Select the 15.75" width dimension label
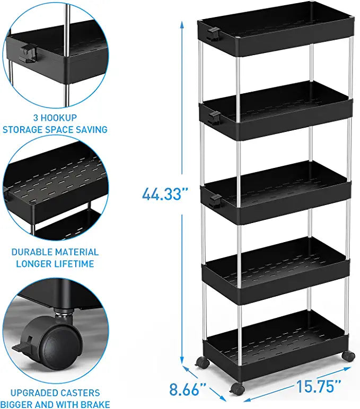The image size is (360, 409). (x=319, y=386)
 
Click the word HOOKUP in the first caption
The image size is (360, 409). (x=59, y=118)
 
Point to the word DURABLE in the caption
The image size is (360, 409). (x=32, y=252)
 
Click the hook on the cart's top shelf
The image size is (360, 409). (x=213, y=34)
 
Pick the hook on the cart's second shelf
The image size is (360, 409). (x=215, y=118)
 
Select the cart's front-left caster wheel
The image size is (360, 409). (x=238, y=389)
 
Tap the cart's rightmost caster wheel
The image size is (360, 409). (x=348, y=356)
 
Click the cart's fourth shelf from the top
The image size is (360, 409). (x=275, y=270)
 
